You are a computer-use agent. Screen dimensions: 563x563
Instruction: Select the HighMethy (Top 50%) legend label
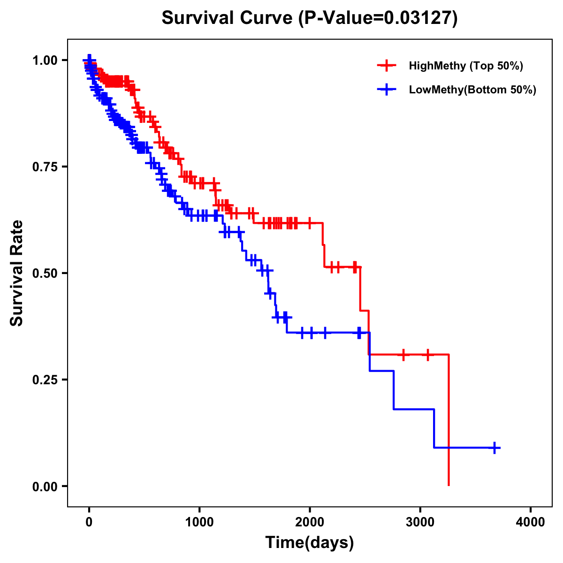point(465,66)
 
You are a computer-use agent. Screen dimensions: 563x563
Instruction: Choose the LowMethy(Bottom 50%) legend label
point(472,90)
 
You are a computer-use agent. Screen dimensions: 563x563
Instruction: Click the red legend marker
point(387,66)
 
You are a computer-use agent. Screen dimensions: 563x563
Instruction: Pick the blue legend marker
point(387,90)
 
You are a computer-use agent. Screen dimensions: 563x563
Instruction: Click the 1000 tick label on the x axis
point(199,522)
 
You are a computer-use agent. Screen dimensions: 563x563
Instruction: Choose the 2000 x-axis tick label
point(310,522)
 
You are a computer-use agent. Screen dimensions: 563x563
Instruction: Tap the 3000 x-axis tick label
point(420,522)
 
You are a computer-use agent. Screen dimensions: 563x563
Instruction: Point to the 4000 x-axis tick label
point(531,522)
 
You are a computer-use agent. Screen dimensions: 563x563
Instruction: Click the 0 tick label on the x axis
point(89,522)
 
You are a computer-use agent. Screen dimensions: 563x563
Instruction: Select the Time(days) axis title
point(310,543)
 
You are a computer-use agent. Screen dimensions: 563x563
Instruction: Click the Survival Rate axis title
point(17,273)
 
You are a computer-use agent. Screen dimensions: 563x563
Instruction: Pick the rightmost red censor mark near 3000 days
point(427,355)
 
